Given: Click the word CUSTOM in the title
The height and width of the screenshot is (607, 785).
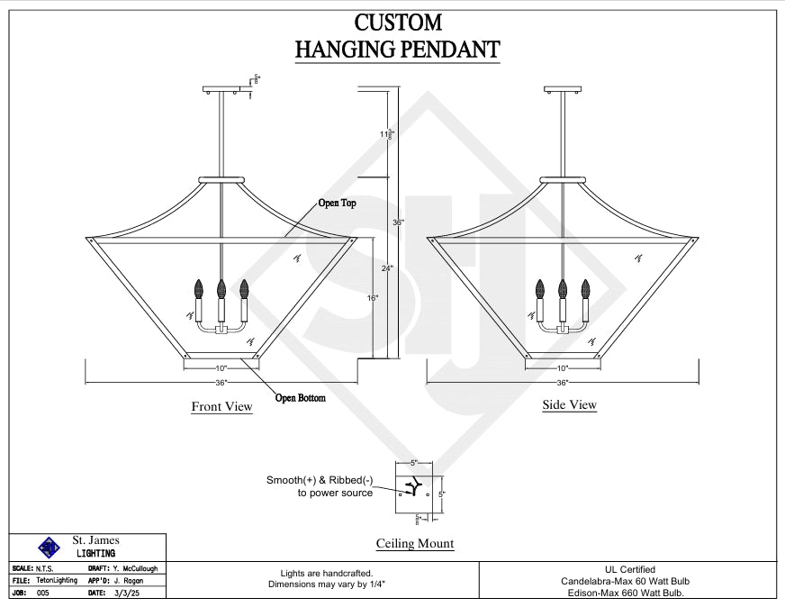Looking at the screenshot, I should coord(397,23).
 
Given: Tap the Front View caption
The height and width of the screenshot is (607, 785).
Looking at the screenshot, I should coord(221,407).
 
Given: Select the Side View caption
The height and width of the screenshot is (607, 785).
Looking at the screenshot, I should coord(569,405).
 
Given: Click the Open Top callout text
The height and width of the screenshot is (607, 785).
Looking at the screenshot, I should coord(337,204).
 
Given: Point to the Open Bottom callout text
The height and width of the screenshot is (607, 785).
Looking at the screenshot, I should coord(301,398).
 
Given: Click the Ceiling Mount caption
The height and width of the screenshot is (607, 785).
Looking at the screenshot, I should coord(414,544).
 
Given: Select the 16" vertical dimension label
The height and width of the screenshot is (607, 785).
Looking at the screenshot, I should coord(373,297).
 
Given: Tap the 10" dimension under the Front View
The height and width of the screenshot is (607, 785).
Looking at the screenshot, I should coord(221,367).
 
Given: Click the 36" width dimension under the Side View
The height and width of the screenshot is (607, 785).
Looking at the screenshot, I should coord(563,382).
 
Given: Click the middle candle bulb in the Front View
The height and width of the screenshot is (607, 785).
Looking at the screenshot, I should coord(221,289).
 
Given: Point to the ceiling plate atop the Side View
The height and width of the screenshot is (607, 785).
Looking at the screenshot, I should coord(563,88).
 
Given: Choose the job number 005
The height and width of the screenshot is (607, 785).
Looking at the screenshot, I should coord(43,593).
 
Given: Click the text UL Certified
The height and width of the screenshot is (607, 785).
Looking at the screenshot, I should coord(629,569).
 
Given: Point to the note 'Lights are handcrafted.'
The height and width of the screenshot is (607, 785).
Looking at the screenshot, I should coord(320,574).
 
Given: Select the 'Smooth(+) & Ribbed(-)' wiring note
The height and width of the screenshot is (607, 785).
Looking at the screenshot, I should coord(319,481).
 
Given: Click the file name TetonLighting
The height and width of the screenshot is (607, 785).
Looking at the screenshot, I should coord(58,581).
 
